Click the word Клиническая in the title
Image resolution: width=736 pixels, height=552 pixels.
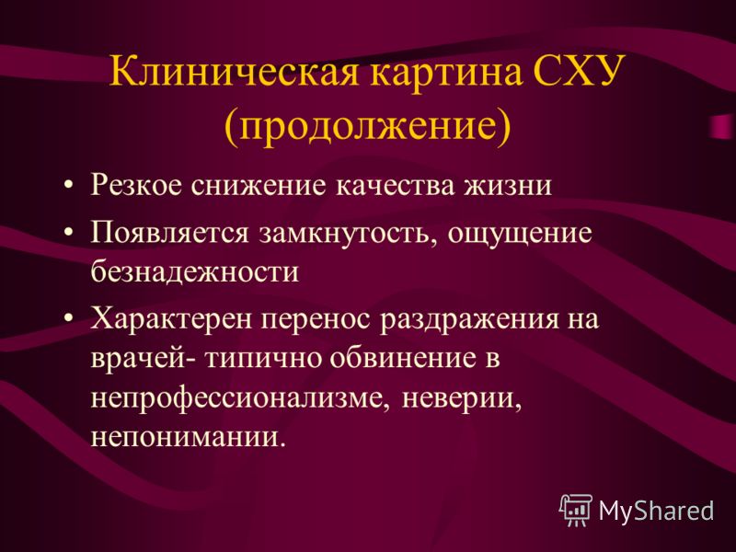(234, 72)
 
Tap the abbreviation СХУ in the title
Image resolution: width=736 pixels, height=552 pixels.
(580, 72)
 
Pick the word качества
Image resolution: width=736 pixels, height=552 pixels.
(396, 185)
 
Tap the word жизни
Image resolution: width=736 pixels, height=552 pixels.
(509, 185)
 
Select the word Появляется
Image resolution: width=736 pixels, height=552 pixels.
(169, 232)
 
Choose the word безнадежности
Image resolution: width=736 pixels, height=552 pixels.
(195, 270)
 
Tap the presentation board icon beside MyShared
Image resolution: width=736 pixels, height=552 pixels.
(576, 511)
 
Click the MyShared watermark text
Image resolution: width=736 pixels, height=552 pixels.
(656, 511)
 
